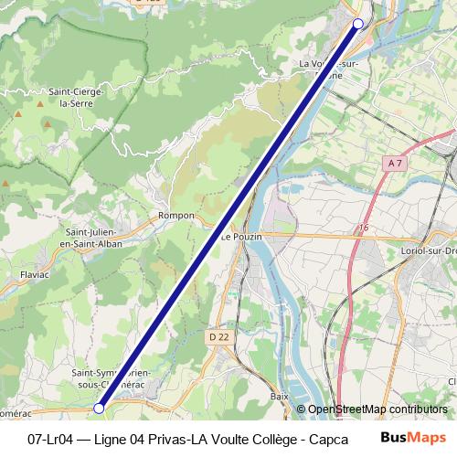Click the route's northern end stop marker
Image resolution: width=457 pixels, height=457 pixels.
358,24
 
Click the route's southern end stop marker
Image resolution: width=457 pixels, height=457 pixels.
99,409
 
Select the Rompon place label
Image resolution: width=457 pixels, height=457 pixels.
176,216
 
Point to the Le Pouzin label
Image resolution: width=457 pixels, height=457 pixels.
241,236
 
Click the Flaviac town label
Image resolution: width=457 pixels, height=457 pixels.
34,273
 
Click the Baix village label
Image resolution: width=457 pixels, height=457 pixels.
280,397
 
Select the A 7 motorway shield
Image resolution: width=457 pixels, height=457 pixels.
395,163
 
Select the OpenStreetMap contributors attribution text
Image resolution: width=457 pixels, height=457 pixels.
377,409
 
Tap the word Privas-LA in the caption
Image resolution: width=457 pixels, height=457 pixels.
184,438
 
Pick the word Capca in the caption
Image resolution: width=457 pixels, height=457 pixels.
328,438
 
